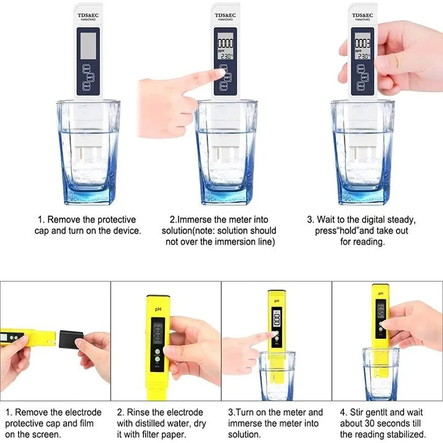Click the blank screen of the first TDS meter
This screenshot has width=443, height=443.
(x=88, y=45)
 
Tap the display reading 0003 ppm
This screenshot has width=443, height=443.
(x=363, y=47)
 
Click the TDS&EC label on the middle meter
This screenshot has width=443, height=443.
(x=225, y=15)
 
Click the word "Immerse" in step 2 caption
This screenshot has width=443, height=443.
(x=195, y=220)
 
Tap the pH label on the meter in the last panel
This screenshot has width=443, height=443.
(x=380, y=292)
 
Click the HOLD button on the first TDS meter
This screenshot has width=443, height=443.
(x=86, y=86)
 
